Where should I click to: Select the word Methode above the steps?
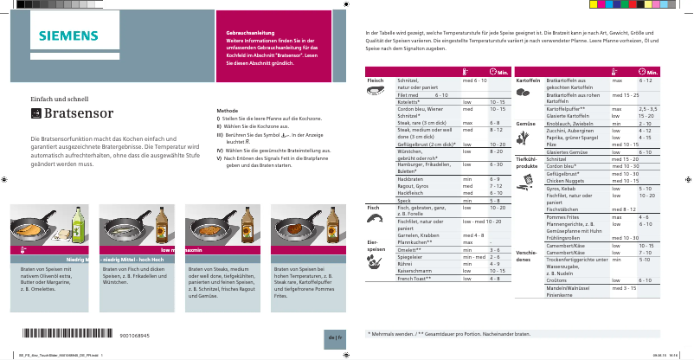click(x=227, y=111)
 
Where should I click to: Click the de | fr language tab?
click(x=335, y=336)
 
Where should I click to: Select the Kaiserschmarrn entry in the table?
click(x=414, y=272)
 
